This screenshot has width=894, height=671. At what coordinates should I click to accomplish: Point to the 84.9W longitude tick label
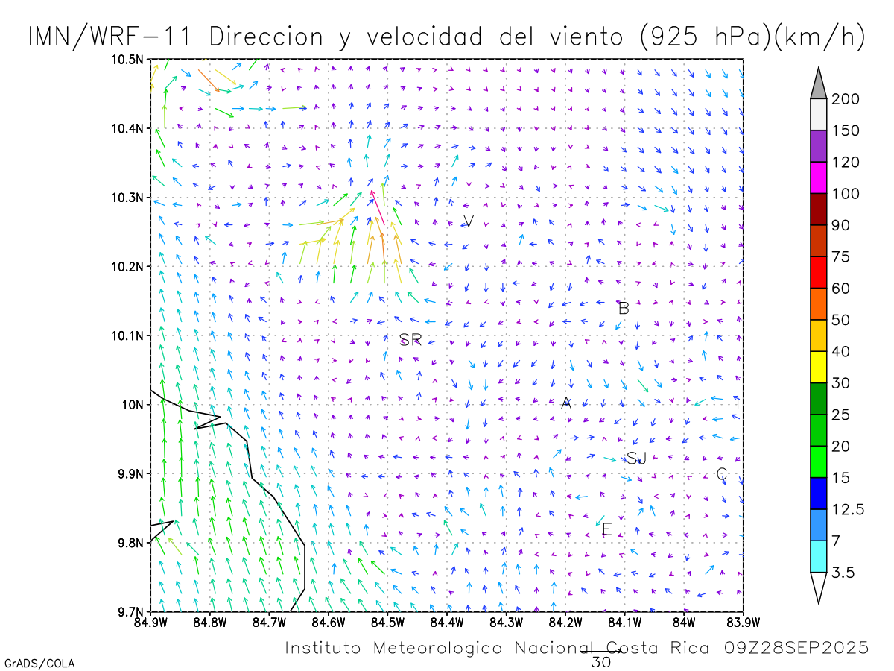[x=150, y=621]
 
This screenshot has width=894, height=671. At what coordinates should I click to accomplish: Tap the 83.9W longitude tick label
[x=743, y=621]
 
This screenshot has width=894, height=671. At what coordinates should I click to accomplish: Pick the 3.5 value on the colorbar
[x=843, y=573]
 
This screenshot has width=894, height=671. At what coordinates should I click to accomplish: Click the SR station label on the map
[x=410, y=340]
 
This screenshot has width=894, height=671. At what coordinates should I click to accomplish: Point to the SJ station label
[x=635, y=458]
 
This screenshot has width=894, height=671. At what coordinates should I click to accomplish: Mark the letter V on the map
[x=469, y=221]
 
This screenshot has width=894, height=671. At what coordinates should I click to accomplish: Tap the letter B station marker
[x=624, y=308]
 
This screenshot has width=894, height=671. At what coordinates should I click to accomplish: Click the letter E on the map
[x=606, y=530]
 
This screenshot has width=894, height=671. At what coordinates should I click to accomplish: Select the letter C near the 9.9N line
[x=721, y=474]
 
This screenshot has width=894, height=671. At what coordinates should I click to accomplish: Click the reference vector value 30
[x=600, y=661]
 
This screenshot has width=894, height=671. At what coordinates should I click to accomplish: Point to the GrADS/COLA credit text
[x=39, y=663]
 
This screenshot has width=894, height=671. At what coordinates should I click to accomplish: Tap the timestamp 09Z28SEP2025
[x=796, y=648]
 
